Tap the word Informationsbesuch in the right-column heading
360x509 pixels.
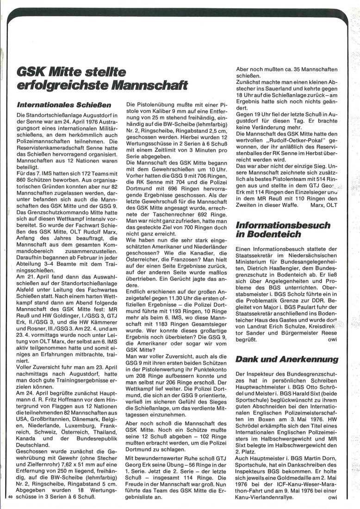(283, 226)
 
